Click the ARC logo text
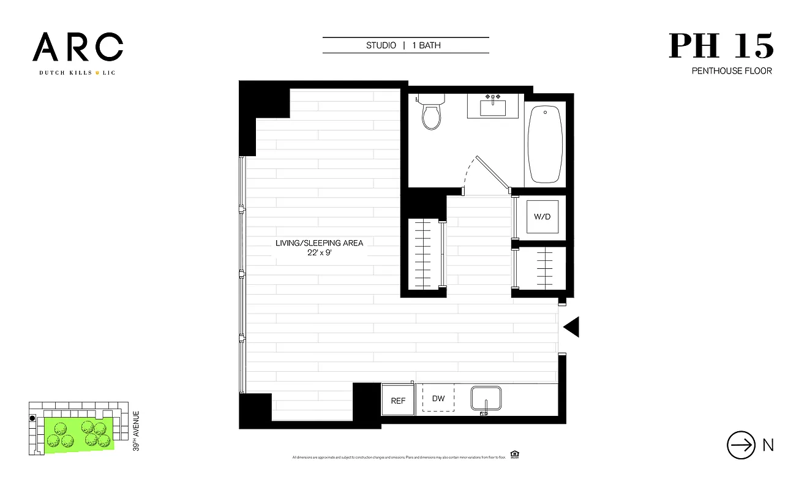pyautogui.click(x=78, y=48)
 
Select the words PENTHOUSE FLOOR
pyautogui.click(x=732, y=71)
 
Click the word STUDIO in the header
pyautogui.click(x=381, y=45)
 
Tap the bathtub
pyautogui.click(x=545, y=145)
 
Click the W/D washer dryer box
pyautogui.click(x=541, y=216)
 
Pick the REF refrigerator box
pyautogui.click(x=398, y=401)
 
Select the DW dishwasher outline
pyautogui.click(x=438, y=398)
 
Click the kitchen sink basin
pyautogui.click(x=486, y=398)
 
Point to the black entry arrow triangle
pyautogui.click(x=571, y=328)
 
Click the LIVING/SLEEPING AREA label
pyautogui.click(x=319, y=243)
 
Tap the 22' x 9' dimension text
pyautogui.click(x=319, y=254)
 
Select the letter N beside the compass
pyautogui.click(x=768, y=445)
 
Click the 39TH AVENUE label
pyautogui.click(x=136, y=431)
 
